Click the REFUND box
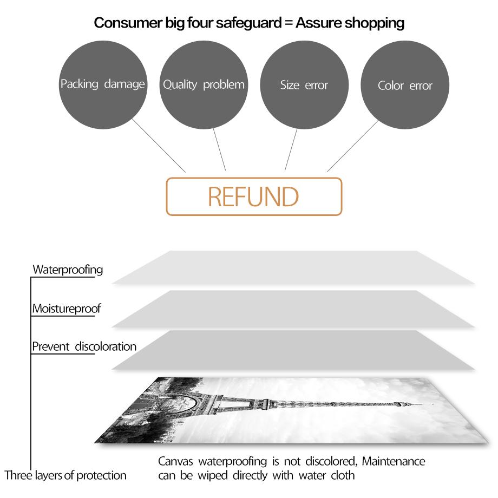point(254,196)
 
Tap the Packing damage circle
point(103,85)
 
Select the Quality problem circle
point(204,85)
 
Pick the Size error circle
point(304,85)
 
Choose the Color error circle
point(405,85)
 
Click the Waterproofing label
point(68,270)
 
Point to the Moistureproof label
point(67,309)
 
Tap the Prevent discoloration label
point(84,346)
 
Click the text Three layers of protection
point(65,475)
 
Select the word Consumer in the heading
point(128,23)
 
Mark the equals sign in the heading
point(289,23)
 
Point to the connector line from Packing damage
point(159,146)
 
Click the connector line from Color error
point(352,146)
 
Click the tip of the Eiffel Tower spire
point(433,404)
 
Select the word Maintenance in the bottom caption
point(394,461)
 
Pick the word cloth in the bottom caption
point(343,475)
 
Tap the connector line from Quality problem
point(219,149)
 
